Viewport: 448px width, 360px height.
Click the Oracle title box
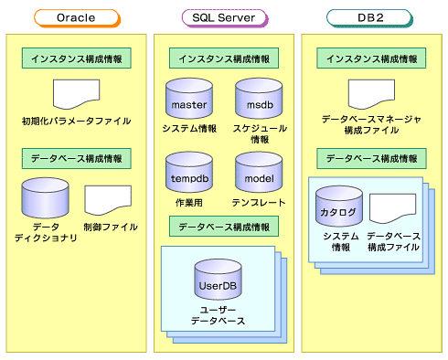pyautogui.click(x=76, y=16)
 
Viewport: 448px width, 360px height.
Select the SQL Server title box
pyautogui.click(x=223, y=16)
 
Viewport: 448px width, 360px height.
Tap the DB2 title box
pyautogui.click(x=370, y=16)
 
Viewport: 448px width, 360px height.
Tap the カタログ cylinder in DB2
pyautogui.click(x=338, y=208)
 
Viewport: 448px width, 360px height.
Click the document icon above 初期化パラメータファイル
pyautogui.click(x=76, y=94)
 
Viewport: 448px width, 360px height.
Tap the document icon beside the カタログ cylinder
pyautogui.click(x=393, y=210)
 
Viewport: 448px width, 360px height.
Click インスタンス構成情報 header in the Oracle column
pyautogui.click(x=76, y=58)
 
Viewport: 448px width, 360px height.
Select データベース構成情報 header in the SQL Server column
pyautogui.click(x=223, y=226)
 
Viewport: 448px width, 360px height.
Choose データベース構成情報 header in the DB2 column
pyautogui.click(x=370, y=157)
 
